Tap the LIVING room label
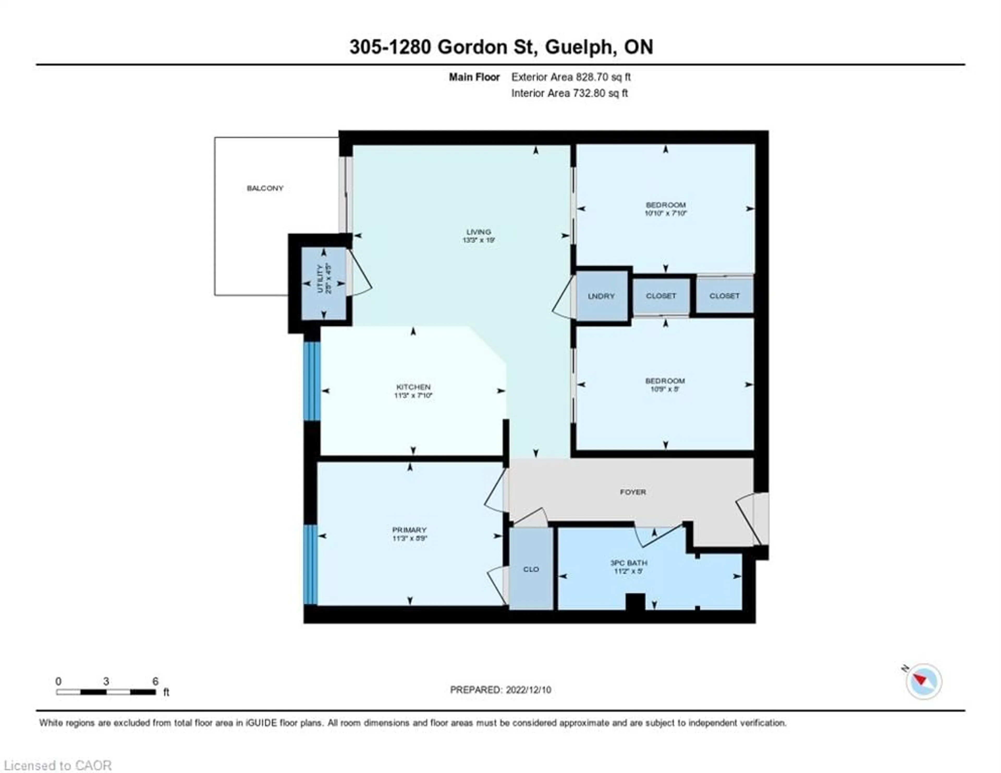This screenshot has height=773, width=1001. click(479, 232)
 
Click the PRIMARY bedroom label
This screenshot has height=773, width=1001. click(409, 530)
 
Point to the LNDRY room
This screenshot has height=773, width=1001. click(601, 296)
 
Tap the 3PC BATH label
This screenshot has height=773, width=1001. click(628, 563)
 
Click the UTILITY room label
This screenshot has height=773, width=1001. click(320, 278)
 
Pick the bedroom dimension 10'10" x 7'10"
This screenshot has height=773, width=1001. click(666, 213)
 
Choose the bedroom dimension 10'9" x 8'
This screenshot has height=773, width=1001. click(664, 389)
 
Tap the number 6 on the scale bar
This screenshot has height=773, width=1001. click(155, 681)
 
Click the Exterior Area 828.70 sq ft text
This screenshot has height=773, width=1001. click(571, 77)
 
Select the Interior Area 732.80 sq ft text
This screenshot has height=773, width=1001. click(569, 93)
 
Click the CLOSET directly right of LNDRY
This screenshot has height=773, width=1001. click(661, 296)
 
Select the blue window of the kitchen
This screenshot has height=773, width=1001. click(312, 381)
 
